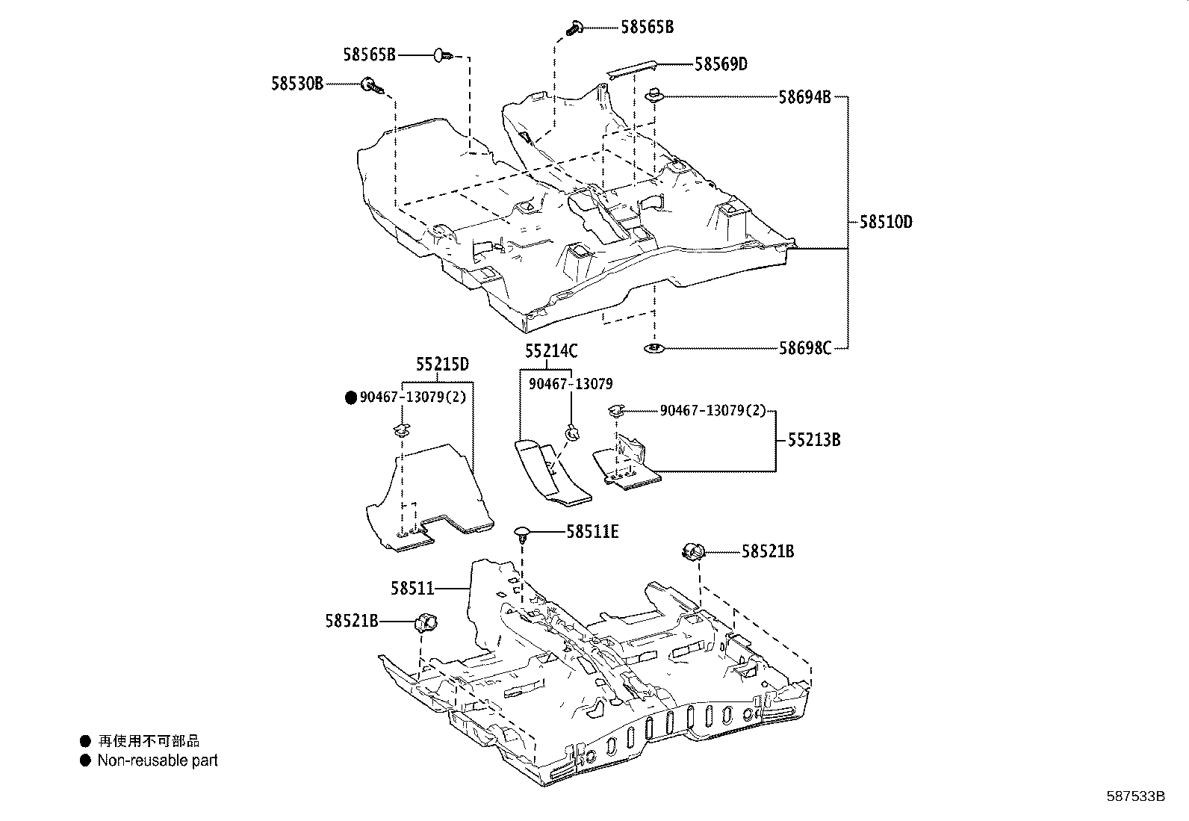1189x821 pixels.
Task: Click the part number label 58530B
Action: point(297,84)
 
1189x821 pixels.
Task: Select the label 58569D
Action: point(721,64)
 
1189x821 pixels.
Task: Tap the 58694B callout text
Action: point(804,97)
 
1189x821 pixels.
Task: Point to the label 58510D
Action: point(886,222)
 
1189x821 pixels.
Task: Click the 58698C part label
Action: point(804,348)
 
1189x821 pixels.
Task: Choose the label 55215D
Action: point(442,365)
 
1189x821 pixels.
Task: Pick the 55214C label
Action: point(550,351)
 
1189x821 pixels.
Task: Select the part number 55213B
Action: point(814,440)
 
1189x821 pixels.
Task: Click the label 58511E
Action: point(592,532)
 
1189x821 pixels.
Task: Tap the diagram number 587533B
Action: point(1135,796)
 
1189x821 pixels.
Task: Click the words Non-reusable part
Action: point(158,760)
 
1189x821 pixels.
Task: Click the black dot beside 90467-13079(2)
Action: point(351,397)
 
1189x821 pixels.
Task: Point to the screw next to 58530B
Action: point(372,87)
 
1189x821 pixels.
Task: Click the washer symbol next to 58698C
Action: point(655,348)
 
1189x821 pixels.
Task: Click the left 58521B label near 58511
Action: point(351,620)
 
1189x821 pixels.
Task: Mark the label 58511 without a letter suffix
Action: point(412,589)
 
